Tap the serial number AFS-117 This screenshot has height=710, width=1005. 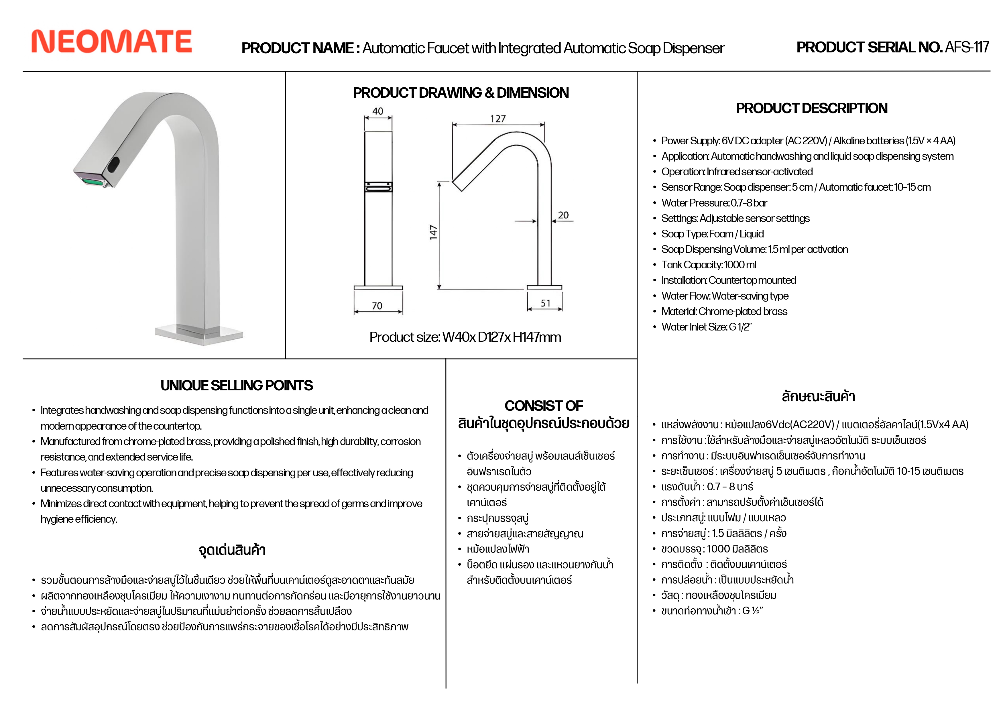tap(967, 47)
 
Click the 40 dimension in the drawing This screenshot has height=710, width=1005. tap(378, 111)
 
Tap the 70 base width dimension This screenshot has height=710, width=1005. tap(377, 306)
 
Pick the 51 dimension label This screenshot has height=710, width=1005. tap(545, 303)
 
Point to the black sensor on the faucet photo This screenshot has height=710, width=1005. tap(113, 165)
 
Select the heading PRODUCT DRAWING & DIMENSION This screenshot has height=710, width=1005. tap(461, 93)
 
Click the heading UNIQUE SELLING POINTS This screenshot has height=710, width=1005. tap(236, 385)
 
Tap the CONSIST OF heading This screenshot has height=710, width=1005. tap(544, 406)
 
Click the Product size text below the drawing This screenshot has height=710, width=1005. tap(465, 337)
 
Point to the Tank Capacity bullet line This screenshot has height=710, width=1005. tap(709, 265)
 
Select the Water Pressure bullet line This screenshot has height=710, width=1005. tap(714, 203)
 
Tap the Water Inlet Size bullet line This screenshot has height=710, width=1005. tap(707, 327)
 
